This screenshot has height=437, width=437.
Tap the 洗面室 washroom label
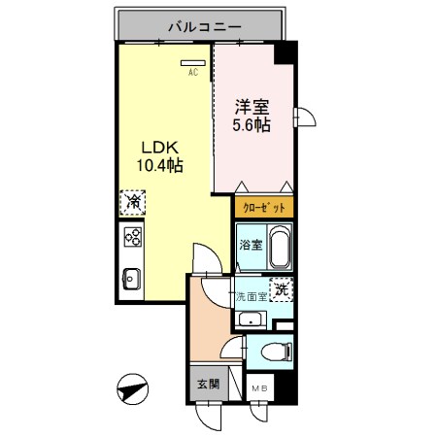pyautogui.click(x=250, y=295)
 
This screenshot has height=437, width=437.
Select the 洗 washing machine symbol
pyautogui.click(x=280, y=288)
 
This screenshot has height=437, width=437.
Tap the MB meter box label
pyautogui.click(x=260, y=389)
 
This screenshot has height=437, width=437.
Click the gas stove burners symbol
pyautogui.click(x=133, y=238)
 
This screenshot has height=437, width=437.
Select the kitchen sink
pyautogui.click(x=133, y=279)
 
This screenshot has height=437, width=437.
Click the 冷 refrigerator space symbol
pyautogui.click(x=132, y=204)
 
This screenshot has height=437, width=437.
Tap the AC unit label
pyautogui.click(x=191, y=69)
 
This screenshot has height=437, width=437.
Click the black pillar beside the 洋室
pyautogui.click(x=284, y=53)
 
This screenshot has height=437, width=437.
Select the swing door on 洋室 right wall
pyautogui.click(x=304, y=118)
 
